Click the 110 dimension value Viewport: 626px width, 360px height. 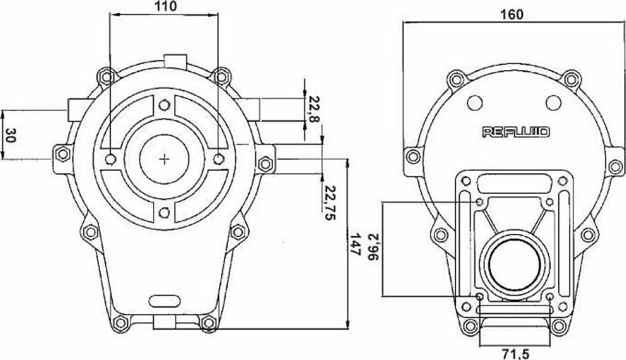164,6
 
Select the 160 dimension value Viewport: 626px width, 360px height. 511,14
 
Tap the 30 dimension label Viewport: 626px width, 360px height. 11,135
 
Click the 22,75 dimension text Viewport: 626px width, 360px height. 330,202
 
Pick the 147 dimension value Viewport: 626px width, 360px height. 355,244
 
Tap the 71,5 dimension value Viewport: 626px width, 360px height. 516,353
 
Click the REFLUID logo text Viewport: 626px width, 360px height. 516,132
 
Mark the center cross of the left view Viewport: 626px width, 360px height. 164,159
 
